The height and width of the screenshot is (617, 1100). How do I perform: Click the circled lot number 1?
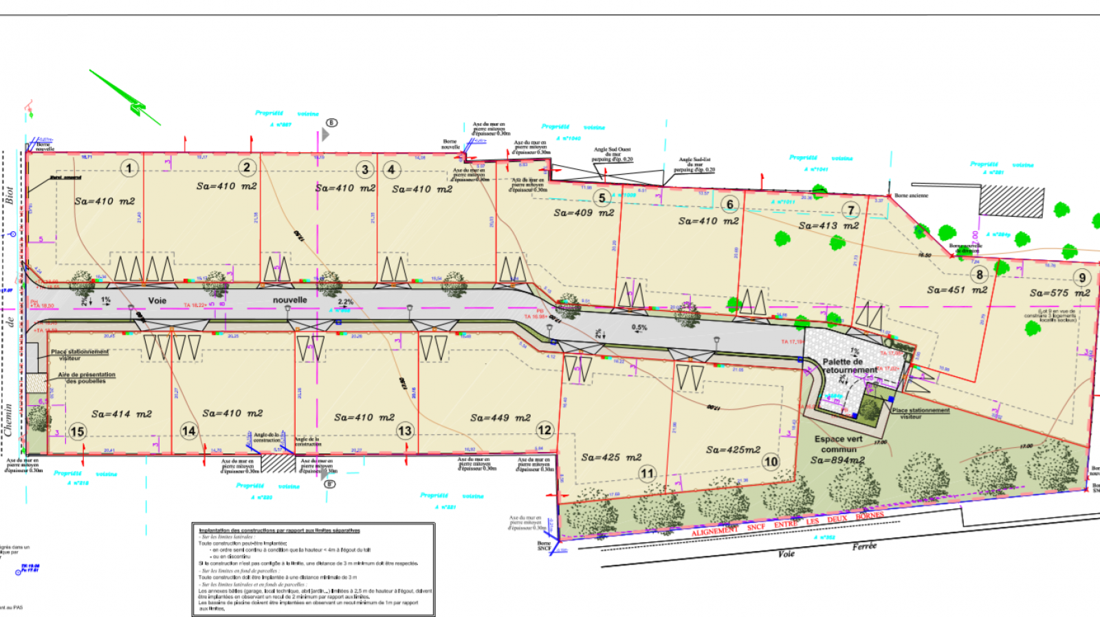(x=129, y=168)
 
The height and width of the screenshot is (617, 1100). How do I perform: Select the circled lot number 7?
(x=851, y=210)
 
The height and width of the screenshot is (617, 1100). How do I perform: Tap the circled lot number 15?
(x=77, y=432)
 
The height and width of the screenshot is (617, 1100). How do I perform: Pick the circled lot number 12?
(x=544, y=431)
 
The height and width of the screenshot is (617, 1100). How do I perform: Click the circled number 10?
(x=771, y=462)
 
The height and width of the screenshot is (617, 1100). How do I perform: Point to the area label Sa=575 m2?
(x=1059, y=293)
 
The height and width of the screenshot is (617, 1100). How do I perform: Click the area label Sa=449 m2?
(x=500, y=418)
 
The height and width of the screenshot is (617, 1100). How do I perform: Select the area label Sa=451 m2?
(x=957, y=290)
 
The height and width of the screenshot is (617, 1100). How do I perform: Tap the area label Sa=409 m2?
(x=584, y=213)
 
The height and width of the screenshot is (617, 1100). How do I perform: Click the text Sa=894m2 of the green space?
(x=837, y=460)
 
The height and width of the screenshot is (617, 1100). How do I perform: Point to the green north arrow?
(x=126, y=98)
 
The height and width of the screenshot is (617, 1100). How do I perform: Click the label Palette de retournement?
(x=849, y=365)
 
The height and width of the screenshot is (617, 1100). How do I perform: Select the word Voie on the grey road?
(x=157, y=301)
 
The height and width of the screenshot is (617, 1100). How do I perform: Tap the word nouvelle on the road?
(x=289, y=300)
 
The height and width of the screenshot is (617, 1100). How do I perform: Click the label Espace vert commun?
(x=838, y=444)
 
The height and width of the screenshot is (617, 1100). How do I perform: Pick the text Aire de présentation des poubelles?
(x=87, y=378)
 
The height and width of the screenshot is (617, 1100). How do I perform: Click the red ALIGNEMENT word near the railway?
(x=714, y=532)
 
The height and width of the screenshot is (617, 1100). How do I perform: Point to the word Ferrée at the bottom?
(x=864, y=546)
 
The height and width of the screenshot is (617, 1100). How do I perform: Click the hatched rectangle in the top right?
(x=1011, y=202)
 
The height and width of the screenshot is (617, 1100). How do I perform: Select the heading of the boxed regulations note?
(x=279, y=530)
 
